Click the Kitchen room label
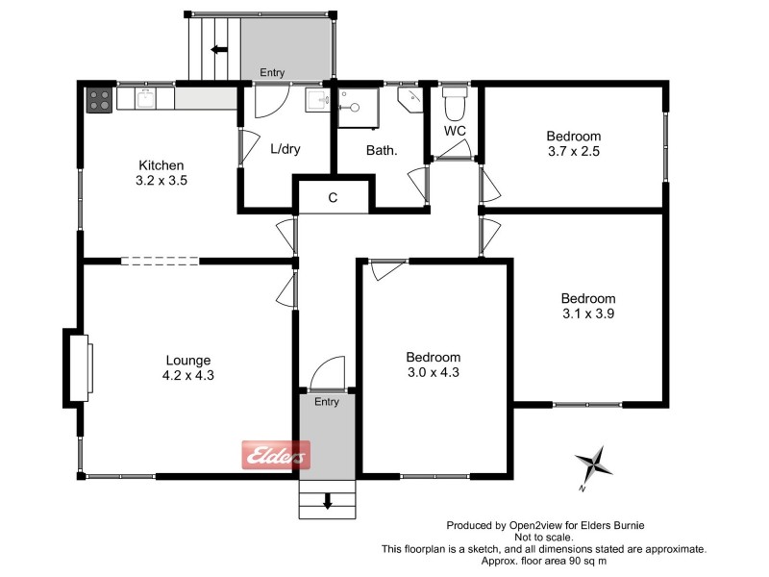tap(161, 165)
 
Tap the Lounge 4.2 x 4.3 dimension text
tap(189, 376)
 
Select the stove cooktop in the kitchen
tap(100, 99)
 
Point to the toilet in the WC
tap(454, 101)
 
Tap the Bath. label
tap(382, 151)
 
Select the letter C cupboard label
tap(333, 198)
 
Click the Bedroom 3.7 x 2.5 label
tap(574, 143)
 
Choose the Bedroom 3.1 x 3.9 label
tap(588, 306)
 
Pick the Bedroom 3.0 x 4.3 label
tap(433, 364)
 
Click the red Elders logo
tap(275, 455)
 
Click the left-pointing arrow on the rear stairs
tap(219, 50)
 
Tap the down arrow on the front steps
tap(328, 500)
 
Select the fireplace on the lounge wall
tap(79, 365)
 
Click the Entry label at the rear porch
tap(272, 72)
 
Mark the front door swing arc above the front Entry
tap(329, 372)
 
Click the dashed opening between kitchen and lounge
tap(160, 260)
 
